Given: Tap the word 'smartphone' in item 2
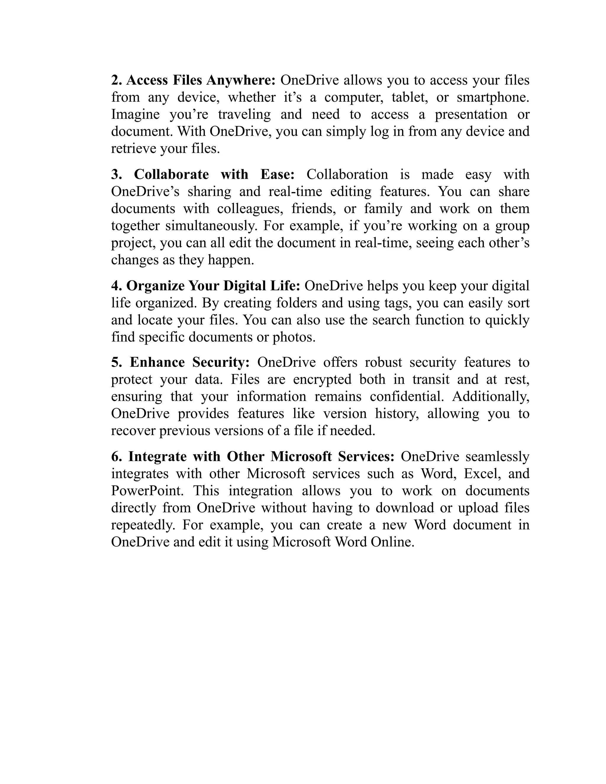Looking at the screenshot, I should [493, 97].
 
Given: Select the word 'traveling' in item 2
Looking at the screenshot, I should [244, 114].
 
